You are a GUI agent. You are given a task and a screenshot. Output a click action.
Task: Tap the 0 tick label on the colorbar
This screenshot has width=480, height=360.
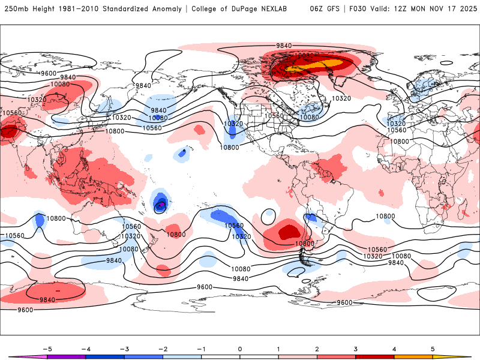[x=240, y=348]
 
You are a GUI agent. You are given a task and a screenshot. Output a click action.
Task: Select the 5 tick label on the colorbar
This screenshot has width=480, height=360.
[x=433, y=348]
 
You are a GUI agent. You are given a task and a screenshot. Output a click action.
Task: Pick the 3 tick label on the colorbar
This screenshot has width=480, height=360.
[x=356, y=348]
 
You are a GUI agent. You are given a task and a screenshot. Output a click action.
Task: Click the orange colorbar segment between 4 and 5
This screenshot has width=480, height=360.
[x=413, y=356]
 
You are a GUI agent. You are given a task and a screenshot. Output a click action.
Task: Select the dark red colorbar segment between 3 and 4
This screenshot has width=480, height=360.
[x=375, y=356]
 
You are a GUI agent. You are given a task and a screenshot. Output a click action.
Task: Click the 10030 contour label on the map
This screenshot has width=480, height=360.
[x=304, y=56]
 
